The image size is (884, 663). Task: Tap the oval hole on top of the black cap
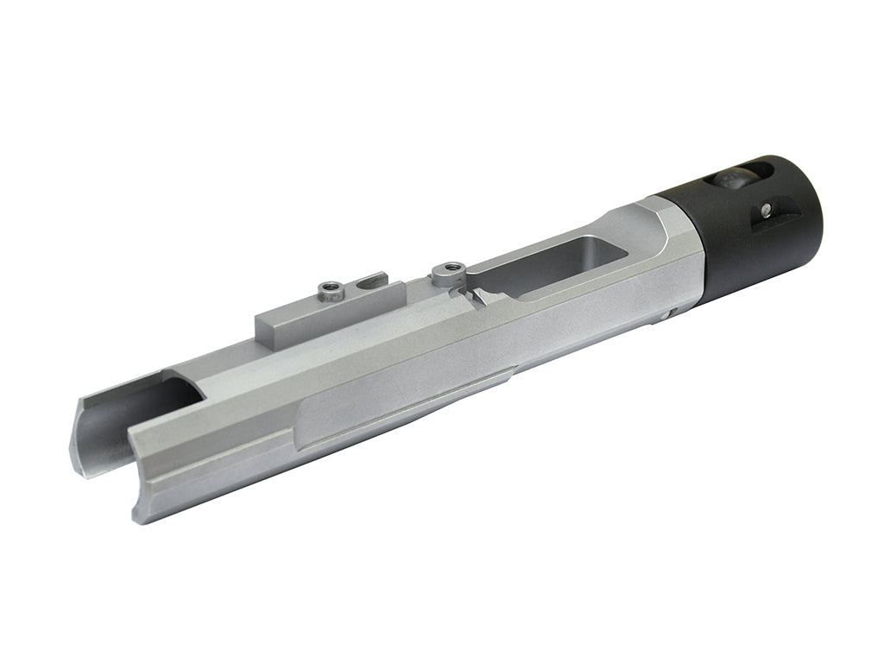click(730, 180)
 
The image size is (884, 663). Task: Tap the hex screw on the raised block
click(331, 291)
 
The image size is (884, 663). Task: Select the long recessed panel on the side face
click(397, 406)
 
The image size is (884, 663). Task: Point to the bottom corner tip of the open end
click(138, 518)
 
